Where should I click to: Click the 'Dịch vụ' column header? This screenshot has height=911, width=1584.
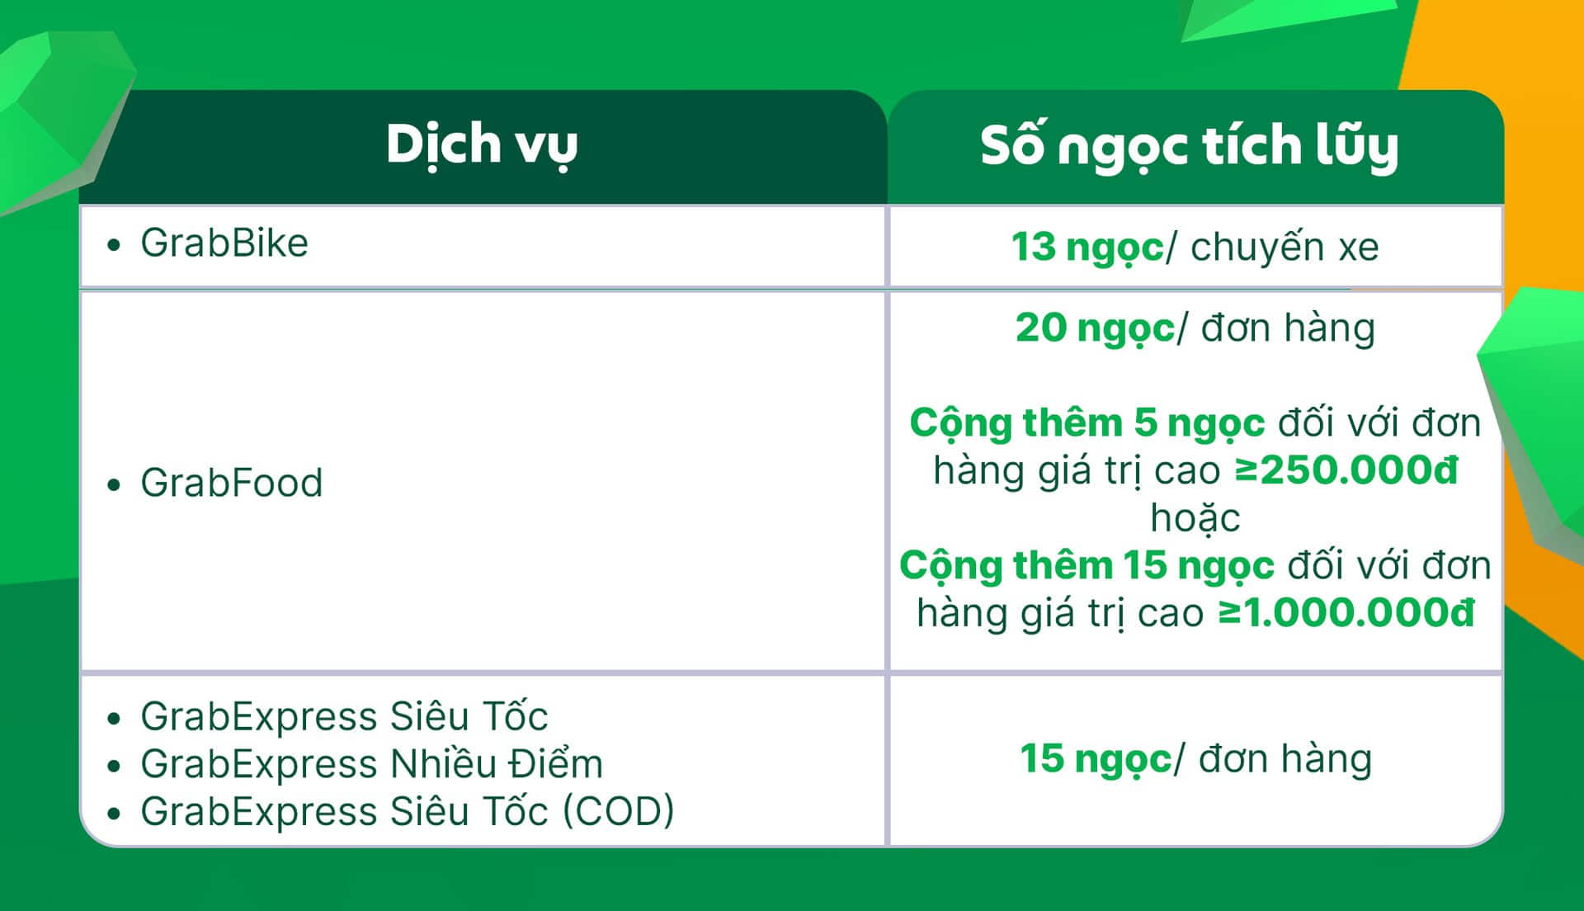click(x=482, y=145)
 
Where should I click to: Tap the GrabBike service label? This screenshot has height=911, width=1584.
click(x=224, y=243)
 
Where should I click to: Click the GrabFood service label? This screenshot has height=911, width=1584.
click(x=232, y=483)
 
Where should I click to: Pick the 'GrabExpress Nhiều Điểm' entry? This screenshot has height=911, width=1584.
click(x=372, y=764)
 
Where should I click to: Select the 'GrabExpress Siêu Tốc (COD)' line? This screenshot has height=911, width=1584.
click(x=408, y=811)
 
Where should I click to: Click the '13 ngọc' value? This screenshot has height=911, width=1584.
click(x=1087, y=248)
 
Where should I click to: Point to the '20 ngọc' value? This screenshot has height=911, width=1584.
click(x=1095, y=328)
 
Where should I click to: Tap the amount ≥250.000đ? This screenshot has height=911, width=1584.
click(x=1346, y=470)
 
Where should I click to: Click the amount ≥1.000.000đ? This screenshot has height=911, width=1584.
click(x=1346, y=613)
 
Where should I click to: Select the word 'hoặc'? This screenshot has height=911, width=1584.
click(x=1195, y=518)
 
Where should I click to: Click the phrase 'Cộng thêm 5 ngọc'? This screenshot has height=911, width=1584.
click(x=1087, y=423)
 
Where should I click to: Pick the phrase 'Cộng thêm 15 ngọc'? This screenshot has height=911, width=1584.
click(x=1087, y=566)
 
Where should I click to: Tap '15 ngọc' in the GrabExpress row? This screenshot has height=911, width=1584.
click(x=1096, y=759)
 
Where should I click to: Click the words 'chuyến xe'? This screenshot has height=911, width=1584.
click(x=1285, y=247)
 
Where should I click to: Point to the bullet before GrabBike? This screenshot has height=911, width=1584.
click(x=114, y=245)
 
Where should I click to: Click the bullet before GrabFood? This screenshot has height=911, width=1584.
click(x=114, y=484)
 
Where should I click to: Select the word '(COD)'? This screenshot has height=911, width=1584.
click(x=619, y=811)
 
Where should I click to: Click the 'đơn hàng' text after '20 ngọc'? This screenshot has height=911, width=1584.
click(x=1288, y=328)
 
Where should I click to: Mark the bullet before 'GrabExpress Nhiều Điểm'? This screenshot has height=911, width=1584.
click(x=114, y=767)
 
